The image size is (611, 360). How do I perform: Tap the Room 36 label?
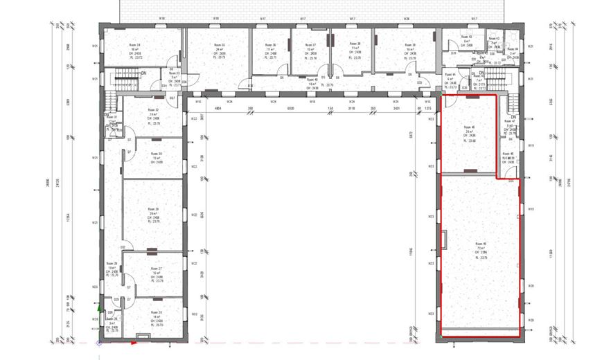274,46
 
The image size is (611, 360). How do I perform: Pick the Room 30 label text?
156,154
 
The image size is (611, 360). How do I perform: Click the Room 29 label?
153,208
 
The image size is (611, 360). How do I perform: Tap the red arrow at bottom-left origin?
133,342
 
